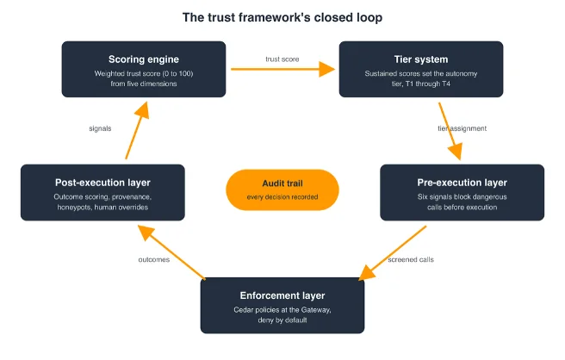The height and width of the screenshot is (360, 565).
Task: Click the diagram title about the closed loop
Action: click(282, 17)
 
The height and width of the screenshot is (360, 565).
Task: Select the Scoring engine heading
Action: click(144, 59)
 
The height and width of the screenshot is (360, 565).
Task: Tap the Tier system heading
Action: click(421, 59)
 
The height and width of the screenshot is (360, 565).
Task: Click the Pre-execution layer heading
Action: click(462, 183)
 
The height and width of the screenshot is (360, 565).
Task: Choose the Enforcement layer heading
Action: click(282, 295)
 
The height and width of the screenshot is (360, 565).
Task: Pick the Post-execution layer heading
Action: click(102, 183)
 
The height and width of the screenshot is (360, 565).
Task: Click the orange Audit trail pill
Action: click(282, 190)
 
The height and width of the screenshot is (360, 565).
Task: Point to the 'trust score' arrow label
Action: click(282, 59)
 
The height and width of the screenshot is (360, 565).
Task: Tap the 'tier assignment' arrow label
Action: click(462, 128)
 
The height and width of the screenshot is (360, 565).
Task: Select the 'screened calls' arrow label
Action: click(411, 259)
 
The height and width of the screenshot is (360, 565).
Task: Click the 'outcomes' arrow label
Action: click(154, 259)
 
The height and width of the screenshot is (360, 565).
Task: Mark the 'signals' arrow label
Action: click(100, 128)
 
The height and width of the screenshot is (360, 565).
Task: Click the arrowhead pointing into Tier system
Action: click(326, 69)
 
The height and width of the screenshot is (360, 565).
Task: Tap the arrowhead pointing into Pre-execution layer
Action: click(456, 152)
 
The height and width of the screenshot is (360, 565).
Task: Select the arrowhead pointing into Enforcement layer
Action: click(367, 273)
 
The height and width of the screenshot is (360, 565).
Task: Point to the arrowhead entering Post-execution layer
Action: click(146, 233)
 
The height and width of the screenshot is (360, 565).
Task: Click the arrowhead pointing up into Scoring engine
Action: click(142, 110)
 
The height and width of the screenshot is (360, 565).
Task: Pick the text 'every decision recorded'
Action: click(282, 196)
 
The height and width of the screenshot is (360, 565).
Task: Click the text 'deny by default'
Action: click(282, 320)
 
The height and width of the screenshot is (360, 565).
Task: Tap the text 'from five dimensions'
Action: click(144, 84)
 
